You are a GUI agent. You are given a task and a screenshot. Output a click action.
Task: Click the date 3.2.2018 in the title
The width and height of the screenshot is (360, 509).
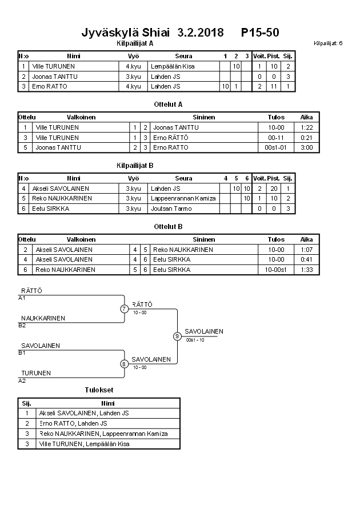[x=201, y=32]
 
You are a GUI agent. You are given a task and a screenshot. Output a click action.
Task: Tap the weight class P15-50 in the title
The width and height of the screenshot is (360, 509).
[x=260, y=32]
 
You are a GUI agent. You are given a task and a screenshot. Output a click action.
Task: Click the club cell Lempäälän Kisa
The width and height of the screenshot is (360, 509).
[x=171, y=66]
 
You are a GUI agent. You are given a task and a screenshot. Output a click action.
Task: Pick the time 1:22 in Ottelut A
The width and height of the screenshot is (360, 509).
[x=307, y=127]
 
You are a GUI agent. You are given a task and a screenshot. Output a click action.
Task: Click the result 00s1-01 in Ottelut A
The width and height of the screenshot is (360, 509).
[x=275, y=147]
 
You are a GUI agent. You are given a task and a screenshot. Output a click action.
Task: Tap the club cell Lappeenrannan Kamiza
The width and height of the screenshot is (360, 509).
[x=183, y=198]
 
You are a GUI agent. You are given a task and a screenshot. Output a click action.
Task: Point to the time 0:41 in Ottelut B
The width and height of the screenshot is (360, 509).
[x=307, y=259]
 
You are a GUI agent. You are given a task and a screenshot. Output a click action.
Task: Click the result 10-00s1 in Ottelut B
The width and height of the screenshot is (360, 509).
[x=275, y=270]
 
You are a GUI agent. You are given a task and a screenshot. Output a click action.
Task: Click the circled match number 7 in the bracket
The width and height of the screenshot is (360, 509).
[x=124, y=309]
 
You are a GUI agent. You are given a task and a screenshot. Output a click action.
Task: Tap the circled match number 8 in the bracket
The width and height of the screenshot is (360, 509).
[x=124, y=364]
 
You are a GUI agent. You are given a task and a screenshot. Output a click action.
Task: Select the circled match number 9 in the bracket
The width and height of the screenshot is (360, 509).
[x=177, y=336]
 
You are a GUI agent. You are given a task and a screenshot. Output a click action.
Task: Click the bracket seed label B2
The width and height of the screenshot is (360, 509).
[x=22, y=325]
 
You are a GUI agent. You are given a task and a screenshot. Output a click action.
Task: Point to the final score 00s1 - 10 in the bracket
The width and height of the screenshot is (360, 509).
[x=195, y=340]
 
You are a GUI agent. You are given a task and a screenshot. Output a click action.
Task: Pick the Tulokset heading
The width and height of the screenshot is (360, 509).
[x=99, y=390]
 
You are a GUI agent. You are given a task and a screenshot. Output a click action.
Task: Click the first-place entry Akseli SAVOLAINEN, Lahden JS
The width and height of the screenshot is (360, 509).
[x=83, y=413]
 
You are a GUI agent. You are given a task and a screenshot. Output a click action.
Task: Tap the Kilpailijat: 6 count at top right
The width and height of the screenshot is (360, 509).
[x=328, y=43]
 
